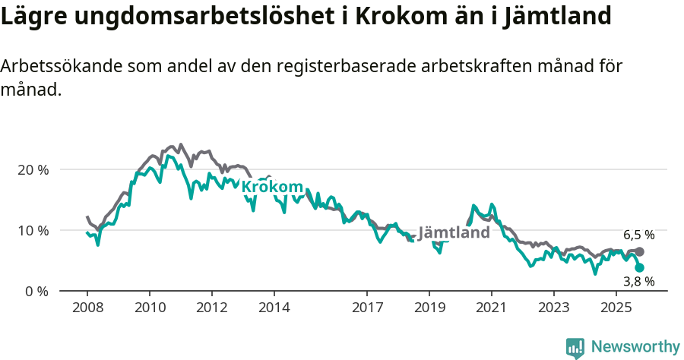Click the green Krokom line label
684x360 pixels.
coord(272,187)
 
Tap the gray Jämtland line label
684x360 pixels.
coord(454,232)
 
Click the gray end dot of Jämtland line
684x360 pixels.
coord(640,251)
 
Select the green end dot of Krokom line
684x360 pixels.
coord(640,268)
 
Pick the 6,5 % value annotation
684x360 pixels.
coord(639,235)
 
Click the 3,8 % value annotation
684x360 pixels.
coord(639,282)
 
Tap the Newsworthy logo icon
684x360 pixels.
coord(575,348)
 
